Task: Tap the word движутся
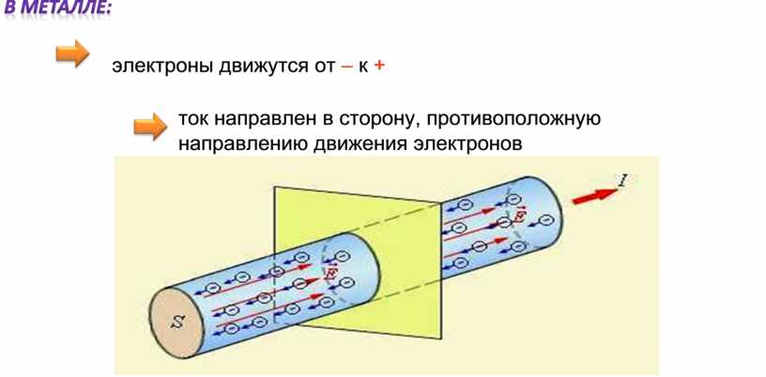pyautogui.click(x=253, y=68)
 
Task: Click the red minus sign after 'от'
pyautogui.click(x=347, y=67)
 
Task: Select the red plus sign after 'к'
pyautogui.click(x=379, y=67)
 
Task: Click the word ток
pyautogui.click(x=193, y=121)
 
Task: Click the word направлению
pyautogui.click(x=237, y=145)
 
